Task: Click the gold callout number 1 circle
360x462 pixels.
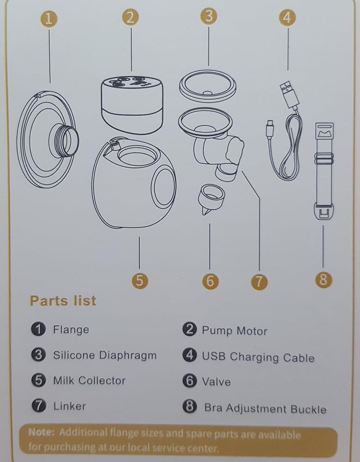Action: coord(49,18)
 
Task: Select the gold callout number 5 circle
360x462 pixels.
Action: coord(140,280)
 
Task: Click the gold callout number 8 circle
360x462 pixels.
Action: coord(323,279)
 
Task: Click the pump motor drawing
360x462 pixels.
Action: coord(132,104)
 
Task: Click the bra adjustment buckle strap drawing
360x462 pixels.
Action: coord(324,171)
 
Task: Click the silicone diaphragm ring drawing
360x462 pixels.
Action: coord(208,87)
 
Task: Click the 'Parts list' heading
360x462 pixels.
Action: coord(63,301)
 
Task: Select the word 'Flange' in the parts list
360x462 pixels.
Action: coord(71,329)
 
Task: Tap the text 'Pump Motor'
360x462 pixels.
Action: coord(234,331)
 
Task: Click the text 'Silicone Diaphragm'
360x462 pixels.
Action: coord(105,355)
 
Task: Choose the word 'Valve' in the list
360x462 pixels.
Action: coord(216,382)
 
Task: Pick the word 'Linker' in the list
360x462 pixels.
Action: coord(70,406)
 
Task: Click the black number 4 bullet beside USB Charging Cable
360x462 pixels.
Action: coord(190,355)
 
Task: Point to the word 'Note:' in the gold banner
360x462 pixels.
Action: coord(42,432)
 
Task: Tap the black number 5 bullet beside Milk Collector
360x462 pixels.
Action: coord(39,380)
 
